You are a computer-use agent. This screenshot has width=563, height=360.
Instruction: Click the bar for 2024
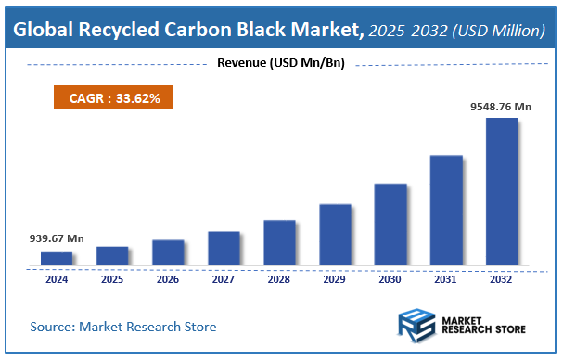pyautogui.click(x=56, y=258)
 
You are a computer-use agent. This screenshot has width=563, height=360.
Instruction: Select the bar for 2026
pyautogui.click(x=168, y=252)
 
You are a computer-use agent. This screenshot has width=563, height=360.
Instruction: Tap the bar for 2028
pyautogui.click(x=279, y=242)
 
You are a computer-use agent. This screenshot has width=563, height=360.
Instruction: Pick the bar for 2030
pyautogui.click(x=390, y=224)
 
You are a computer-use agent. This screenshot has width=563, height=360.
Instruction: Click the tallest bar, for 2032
pyautogui.click(x=502, y=191)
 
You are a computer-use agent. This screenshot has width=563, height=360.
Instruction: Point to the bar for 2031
pyautogui.click(x=446, y=210)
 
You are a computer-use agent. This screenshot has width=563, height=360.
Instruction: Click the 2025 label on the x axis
pyautogui.click(x=112, y=278)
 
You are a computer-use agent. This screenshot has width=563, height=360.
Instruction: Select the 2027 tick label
pyautogui.click(x=224, y=278)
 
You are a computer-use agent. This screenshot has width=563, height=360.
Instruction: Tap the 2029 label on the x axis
pyautogui.click(x=335, y=278)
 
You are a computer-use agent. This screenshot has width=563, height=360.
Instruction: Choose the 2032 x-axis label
pyautogui.click(x=502, y=278)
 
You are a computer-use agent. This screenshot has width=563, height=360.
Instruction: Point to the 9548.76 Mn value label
pyautogui.click(x=502, y=107)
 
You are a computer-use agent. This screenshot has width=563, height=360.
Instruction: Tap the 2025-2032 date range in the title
pyautogui.click(x=406, y=31)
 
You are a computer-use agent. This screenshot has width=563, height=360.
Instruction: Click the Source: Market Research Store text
pyautogui.click(x=123, y=327)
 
